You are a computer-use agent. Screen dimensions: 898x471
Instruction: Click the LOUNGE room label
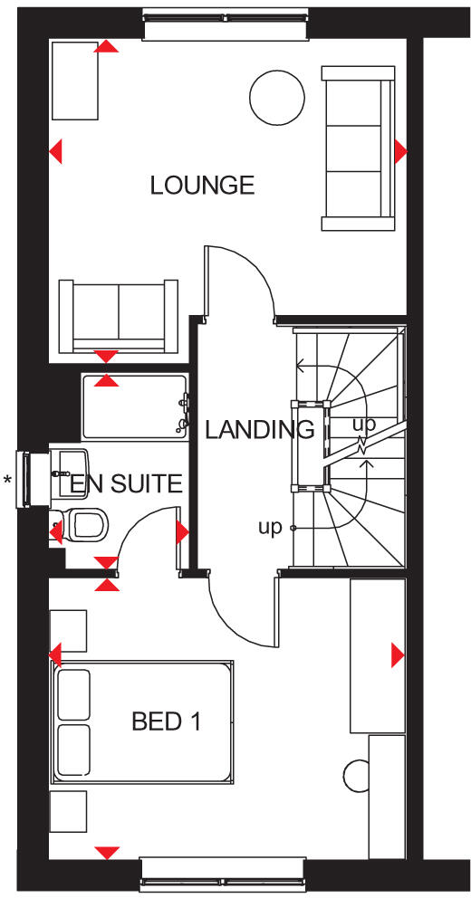tap(202, 186)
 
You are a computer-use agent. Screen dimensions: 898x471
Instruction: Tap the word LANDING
tap(259, 429)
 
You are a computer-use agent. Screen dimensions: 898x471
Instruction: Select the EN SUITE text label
tap(126, 483)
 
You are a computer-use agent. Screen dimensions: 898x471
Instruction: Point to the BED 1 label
tap(166, 721)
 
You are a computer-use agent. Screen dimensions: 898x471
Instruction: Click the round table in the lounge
tap(275, 98)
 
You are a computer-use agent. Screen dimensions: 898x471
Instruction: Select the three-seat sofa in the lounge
tap(359, 147)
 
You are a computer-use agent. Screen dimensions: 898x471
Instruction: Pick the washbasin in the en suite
tap(68, 463)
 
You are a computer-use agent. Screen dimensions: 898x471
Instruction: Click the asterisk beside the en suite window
tap(8, 481)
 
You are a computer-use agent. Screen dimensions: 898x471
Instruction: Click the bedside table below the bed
tap(68, 811)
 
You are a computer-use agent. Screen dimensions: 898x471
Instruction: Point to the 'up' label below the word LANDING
tap(270, 528)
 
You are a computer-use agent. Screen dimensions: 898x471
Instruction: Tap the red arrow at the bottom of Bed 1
tap(107, 852)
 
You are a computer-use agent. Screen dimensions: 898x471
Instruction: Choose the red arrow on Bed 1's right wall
tap(397, 654)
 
